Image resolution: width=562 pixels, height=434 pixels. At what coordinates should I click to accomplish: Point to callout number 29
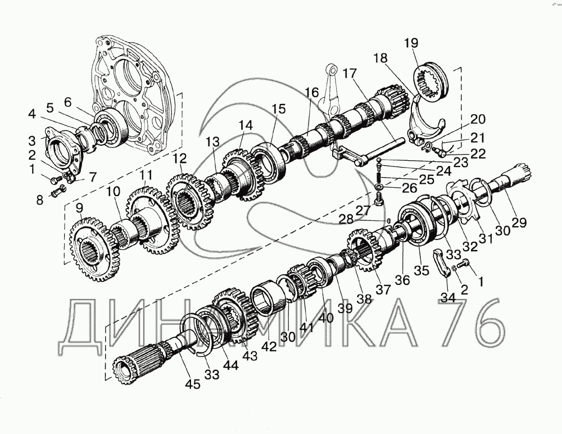519,223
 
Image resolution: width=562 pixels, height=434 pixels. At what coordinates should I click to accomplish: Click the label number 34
448,298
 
